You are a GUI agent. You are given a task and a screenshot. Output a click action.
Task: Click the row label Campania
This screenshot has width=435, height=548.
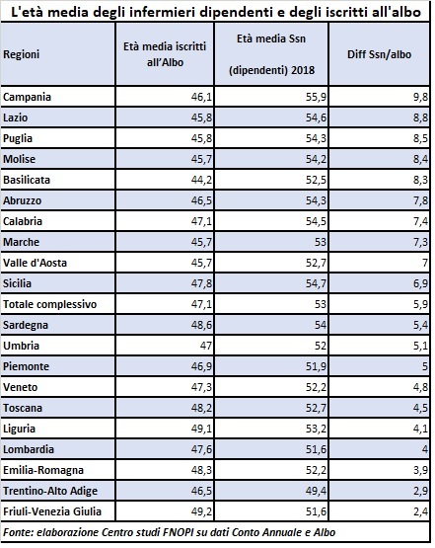[x=28, y=97]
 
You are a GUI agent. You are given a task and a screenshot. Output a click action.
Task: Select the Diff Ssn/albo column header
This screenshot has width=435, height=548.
[x=379, y=54]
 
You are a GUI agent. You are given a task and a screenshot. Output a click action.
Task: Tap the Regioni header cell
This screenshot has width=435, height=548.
[x=22, y=54]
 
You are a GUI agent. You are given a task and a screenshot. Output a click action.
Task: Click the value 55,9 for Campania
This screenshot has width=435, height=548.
[x=316, y=97]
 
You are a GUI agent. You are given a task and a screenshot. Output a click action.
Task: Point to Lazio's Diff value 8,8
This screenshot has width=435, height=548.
[x=420, y=117]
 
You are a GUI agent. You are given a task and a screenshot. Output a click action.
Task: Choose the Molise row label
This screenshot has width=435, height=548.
[x=19, y=159]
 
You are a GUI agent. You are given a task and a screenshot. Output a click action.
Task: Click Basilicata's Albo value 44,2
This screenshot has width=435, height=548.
[x=201, y=180]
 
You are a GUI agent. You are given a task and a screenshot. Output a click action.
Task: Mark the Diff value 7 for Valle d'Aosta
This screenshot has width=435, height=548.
[x=425, y=263]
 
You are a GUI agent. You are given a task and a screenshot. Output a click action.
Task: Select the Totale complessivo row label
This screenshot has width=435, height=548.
[x=50, y=304]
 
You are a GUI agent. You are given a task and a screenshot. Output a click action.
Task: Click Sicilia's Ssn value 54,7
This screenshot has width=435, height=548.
[x=316, y=283]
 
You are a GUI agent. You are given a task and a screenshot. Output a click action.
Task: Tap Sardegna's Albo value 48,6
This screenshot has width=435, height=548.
[x=201, y=325]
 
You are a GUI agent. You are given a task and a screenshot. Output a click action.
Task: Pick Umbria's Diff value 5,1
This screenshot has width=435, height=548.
[x=420, y=346]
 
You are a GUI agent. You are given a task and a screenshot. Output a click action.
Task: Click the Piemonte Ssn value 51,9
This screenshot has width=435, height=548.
[x=316, y=366]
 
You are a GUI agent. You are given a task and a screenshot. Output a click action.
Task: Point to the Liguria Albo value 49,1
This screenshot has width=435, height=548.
[x=201, y=429]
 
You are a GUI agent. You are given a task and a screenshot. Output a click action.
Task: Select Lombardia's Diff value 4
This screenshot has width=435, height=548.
[x=425, y=449]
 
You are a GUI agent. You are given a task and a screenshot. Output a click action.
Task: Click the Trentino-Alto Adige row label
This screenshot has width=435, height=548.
[x=50, y=491]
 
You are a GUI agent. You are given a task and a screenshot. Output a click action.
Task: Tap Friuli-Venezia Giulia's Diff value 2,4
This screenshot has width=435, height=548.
[x=420, y=511]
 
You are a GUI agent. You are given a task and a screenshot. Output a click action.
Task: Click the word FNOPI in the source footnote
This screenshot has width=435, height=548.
[x=178, y=532]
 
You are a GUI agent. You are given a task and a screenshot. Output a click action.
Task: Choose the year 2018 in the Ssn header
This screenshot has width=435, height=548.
[x=303, y=70]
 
